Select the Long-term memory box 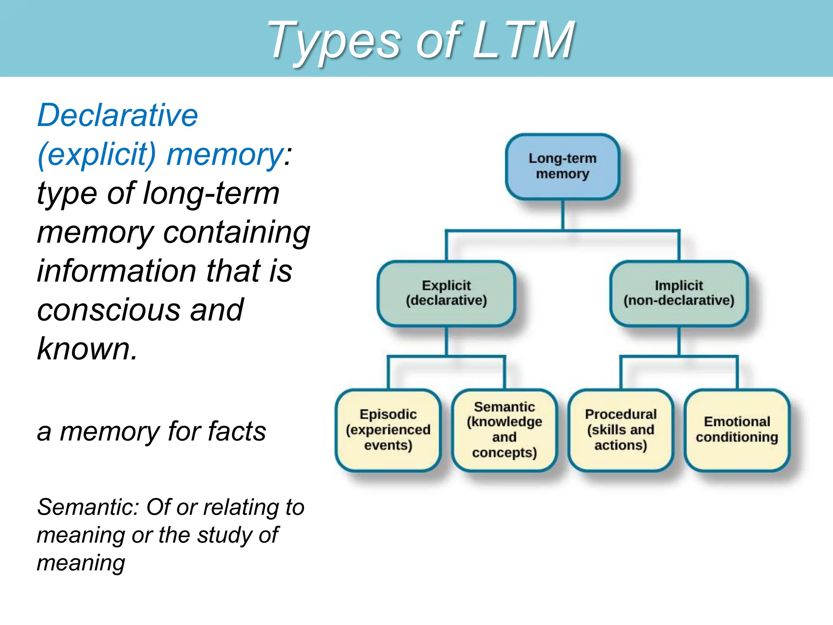coord(563,166)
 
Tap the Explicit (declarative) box coord(446,293)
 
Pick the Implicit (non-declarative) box coord(679,293)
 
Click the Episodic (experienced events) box coord(388,430)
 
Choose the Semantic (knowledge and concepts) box coord(504,430)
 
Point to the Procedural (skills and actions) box coord(621,430)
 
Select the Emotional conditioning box coord(737,430)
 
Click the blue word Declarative coord(118,115)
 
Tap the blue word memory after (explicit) coord(225,155)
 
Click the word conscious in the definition coord(107,310)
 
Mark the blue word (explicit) coord(97,155)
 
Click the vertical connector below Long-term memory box coord(563,215)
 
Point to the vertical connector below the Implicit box coord(679,341)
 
